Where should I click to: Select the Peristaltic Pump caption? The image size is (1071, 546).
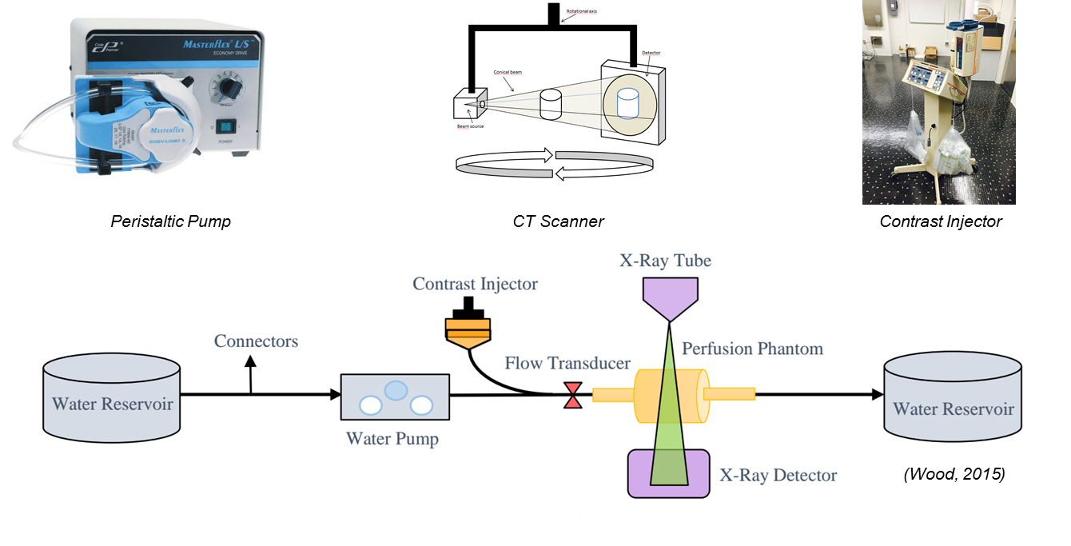point(170,221)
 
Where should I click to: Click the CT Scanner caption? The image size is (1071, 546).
point(558,221)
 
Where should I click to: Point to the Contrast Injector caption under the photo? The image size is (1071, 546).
point(940,221)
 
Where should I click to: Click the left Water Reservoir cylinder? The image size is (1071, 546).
point(111,397)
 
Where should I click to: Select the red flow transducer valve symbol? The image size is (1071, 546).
point(573,395)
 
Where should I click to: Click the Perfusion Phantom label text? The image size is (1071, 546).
point(752,349)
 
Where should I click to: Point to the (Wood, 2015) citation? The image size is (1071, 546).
point(954,474)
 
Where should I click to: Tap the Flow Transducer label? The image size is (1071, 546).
point(567,364)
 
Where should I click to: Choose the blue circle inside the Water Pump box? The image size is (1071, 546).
point(396,389)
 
